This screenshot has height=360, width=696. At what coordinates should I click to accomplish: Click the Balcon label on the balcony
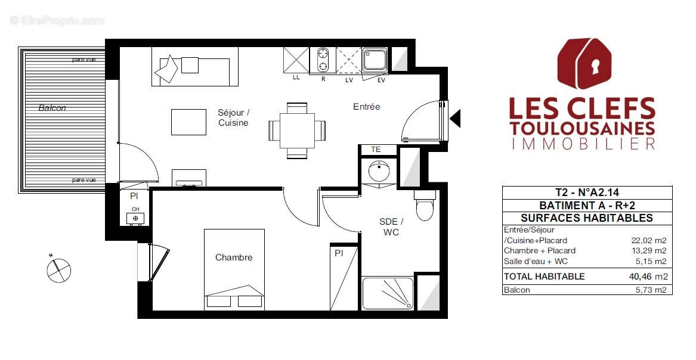click(52, 108)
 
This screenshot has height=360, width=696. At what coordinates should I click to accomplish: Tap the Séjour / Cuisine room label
click(233, 117)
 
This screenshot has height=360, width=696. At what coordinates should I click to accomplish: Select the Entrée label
click(366, 107)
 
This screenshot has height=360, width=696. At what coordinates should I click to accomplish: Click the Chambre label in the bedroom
click(234, 257)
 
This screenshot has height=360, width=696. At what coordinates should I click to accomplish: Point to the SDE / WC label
click(391, 226)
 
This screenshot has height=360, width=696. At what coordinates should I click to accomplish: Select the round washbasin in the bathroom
click(378, 172)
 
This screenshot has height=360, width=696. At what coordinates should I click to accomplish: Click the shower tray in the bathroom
click(387, 294)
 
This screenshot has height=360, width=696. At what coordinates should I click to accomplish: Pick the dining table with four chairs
click(297, 130)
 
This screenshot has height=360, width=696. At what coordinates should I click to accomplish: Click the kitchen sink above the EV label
click(376, 60)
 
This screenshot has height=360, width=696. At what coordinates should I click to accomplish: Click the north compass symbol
click(58, 269)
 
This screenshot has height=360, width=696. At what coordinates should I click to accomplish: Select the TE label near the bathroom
click(376, 150)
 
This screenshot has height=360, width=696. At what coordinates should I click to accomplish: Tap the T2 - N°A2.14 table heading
click(587, 192)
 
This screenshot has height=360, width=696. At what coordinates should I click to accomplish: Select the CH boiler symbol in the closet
click(135, 218)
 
